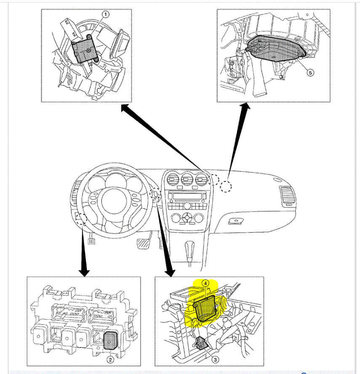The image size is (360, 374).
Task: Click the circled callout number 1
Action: (105, 14)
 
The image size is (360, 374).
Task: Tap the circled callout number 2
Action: (110, 359)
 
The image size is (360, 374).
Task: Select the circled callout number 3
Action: (215, 360)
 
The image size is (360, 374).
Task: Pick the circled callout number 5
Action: (310, 73)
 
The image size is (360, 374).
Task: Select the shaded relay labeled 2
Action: (111, 340)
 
